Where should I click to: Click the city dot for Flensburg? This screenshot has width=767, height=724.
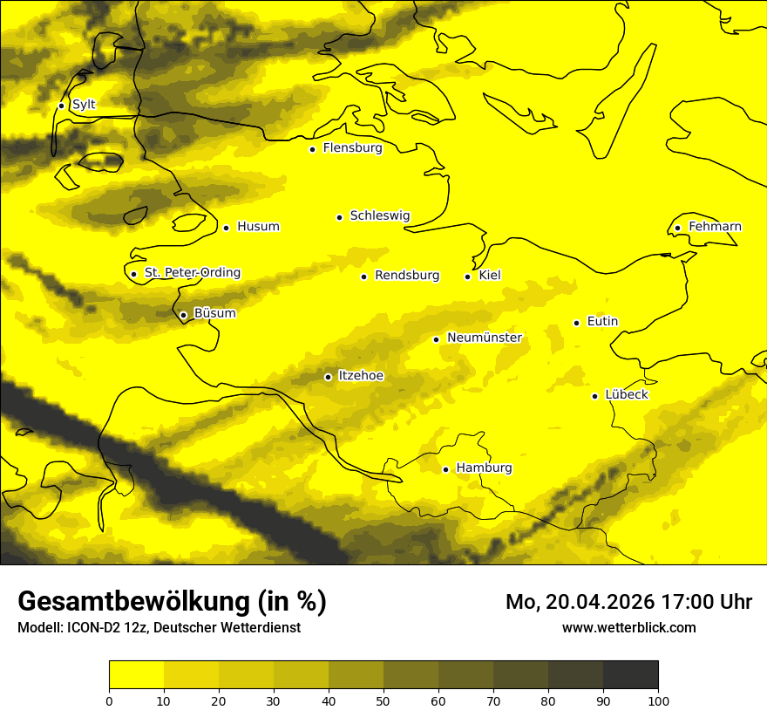tap(312, 149)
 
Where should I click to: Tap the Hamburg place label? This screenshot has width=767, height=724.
tap(484, 468)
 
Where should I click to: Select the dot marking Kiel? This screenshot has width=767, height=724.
tap(468, 277)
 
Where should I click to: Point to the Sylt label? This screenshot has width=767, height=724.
tap(84, 105)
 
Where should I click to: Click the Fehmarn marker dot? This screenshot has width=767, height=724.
tap(677, 229)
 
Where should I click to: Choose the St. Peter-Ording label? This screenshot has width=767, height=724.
tap(193, 273)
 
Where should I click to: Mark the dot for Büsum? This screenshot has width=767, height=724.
tap(183, 315)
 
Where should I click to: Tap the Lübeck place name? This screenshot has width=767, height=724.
tap(626, 395)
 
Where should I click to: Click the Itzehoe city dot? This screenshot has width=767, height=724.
tap(328, 377)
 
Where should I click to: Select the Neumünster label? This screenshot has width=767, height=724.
tap(485, 338)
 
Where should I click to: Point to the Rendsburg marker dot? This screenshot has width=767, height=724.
tap(363, 277)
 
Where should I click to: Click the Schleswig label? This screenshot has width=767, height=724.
tap(380, 216)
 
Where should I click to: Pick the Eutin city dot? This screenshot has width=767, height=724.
tap(576, 323)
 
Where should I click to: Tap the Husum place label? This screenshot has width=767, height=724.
tap(258, 227)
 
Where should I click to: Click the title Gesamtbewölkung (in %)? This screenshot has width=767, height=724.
tap(172, 602)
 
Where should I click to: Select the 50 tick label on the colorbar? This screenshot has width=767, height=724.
tap(383, 700)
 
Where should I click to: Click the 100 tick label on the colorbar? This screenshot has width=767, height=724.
tap(658, 700)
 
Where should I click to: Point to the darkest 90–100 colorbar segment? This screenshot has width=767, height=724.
tap(630, 674)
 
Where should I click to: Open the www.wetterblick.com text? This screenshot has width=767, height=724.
tap(629, 627)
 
